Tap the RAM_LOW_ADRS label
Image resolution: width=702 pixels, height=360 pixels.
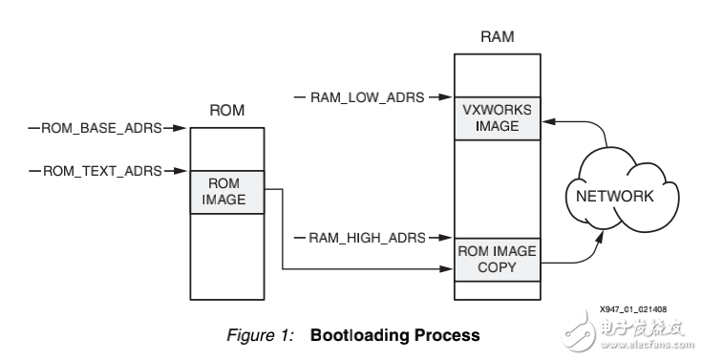362,96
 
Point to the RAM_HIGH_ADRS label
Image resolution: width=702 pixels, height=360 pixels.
363,235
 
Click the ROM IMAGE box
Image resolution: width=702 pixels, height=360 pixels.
225,192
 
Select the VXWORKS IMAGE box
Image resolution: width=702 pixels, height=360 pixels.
496,117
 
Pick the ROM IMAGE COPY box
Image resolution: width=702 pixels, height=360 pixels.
496,259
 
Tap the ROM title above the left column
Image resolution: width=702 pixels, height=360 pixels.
226,111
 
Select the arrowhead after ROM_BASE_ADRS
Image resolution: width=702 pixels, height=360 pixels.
177,126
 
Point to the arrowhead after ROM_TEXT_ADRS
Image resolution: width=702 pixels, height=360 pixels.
177,171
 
